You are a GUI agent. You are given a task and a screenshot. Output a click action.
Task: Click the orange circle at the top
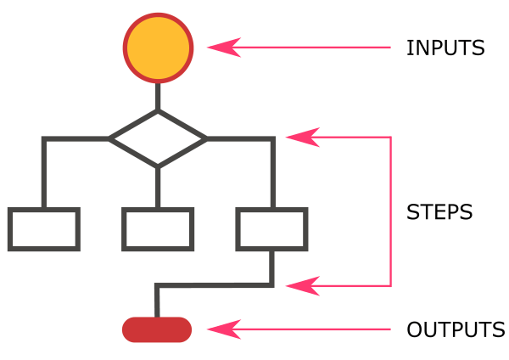(158, 48)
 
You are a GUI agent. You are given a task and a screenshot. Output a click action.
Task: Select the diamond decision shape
(158, 138)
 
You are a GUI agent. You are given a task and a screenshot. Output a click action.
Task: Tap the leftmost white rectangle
(44, 229)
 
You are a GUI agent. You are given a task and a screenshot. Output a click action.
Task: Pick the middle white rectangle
(158, 229)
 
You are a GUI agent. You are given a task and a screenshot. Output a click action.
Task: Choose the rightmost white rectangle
(271, 229)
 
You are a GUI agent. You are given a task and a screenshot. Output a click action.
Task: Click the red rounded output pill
(157, 329)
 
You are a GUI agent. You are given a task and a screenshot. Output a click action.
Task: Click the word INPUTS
(445, 48)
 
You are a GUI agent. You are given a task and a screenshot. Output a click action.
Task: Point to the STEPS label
(439, 212)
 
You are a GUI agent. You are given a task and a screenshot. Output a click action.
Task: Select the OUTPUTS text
(456, 329)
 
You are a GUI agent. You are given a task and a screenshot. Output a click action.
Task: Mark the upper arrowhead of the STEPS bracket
(298, 137)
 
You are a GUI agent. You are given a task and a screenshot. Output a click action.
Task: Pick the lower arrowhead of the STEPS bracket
(298, 285)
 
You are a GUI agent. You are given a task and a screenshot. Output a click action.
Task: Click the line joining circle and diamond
(158, 97)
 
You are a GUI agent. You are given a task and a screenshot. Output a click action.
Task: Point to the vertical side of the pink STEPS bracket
(390, 211)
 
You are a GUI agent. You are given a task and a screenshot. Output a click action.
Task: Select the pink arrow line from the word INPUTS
(314, 48)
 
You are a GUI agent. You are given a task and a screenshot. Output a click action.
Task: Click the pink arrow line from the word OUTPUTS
(314, 329)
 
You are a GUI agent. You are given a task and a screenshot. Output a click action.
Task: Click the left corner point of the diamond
(111, 138)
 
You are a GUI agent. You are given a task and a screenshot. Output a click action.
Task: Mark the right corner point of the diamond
(204, 138)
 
